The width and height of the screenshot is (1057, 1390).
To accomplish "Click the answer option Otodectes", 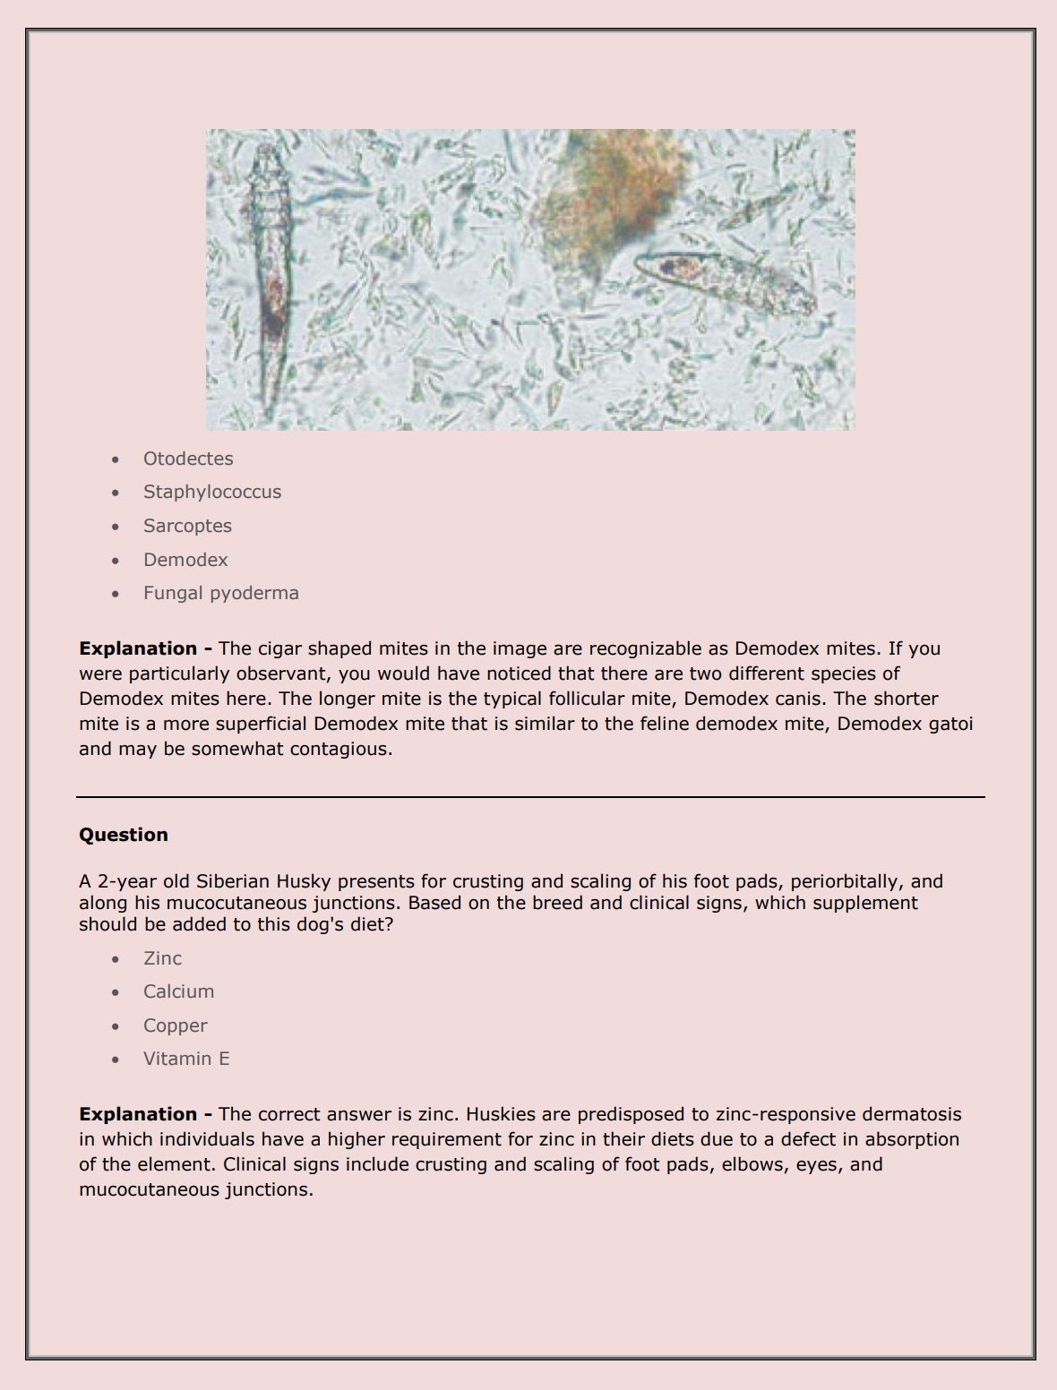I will point(188,459).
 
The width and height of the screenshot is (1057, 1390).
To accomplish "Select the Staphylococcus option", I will point(212,492).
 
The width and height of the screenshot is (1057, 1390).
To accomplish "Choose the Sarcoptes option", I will point(187,526).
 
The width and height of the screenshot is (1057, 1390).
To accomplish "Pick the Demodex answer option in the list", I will point(185,560).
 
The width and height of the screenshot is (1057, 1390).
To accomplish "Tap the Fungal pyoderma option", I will point(221,593).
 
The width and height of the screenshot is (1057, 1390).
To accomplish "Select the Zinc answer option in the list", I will point(162,958).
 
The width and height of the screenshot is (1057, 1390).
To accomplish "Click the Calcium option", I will point(179,991).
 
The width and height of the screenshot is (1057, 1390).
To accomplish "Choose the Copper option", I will point(176,1025).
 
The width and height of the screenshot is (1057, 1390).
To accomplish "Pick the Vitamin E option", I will point(186,1059).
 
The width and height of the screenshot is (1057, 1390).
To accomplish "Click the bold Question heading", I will point(124,835).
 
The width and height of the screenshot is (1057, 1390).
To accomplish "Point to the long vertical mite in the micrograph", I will point(270,278).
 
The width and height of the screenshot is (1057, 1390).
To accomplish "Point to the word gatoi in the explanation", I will point(950,724).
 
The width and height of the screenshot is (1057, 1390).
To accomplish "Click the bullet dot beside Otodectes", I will point(116,459).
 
